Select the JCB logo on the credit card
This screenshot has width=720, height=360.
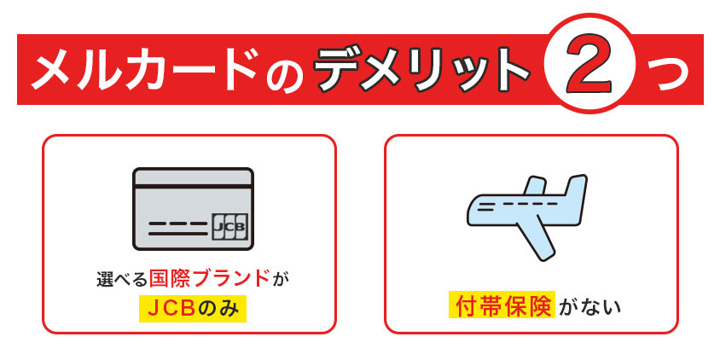pos(229,226)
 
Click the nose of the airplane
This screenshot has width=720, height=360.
pos(472,209)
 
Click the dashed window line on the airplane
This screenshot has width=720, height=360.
pos(507,205)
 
